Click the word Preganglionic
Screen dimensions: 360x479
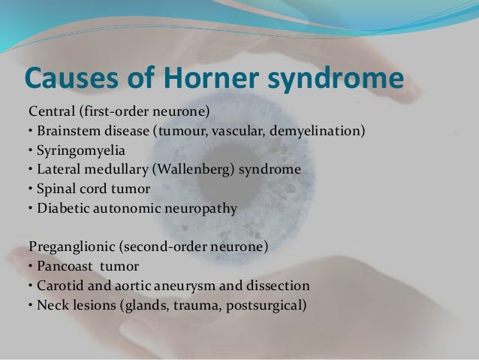point(73,246)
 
